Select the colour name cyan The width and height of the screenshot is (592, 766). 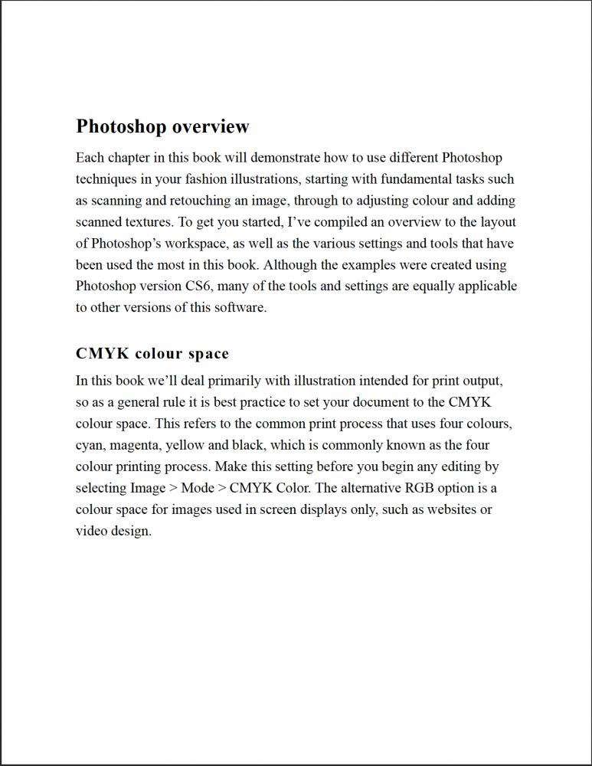click(x=90, y=445)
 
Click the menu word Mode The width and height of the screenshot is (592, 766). click(x=198, y=488)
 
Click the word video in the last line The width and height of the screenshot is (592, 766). click(x=91, y=531)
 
